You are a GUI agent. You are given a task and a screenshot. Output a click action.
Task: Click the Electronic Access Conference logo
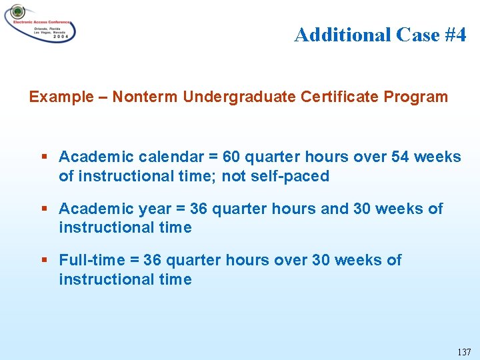pyautogui.click(x=40, y=23)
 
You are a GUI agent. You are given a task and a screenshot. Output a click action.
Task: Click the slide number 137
pyautogui.click(x=464, y=351)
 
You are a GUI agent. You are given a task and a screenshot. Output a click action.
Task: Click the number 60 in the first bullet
pyautogui.click(x=231, y=157)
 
